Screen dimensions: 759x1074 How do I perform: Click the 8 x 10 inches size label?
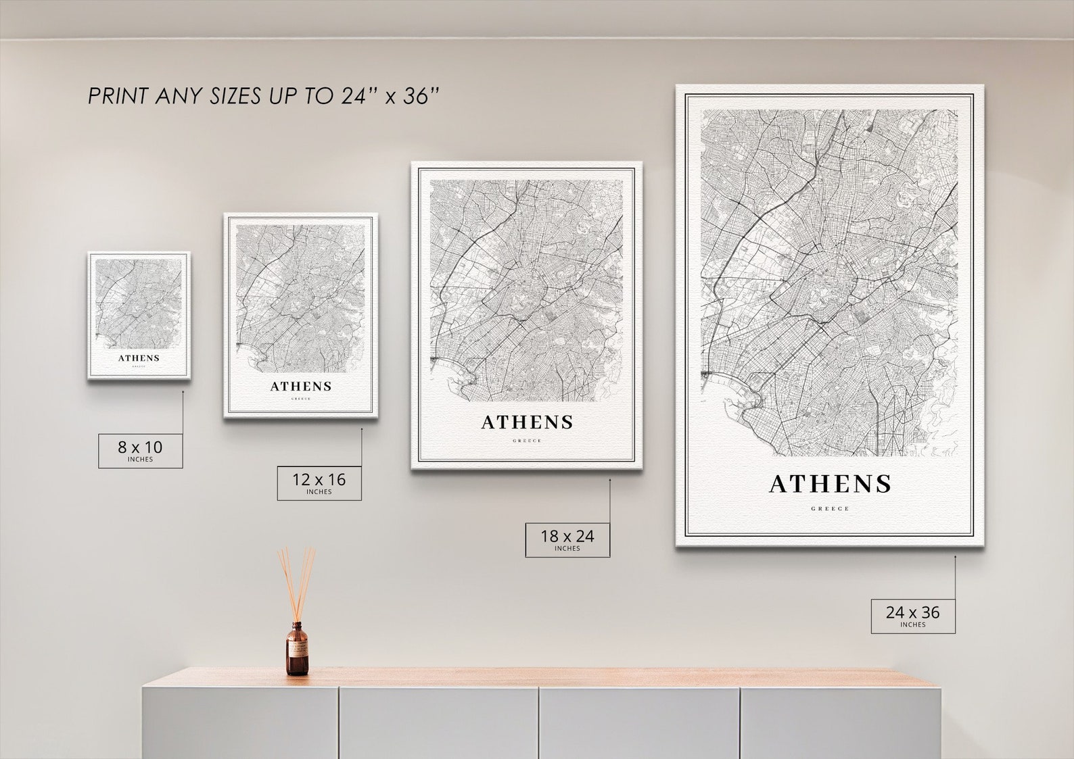[x=141, y=450]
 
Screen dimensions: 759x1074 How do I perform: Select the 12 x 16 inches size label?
[x=319, y=483]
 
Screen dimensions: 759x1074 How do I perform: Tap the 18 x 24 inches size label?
[x=567, y=539]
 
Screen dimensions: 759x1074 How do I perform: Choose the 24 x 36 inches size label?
[x=912, y=615]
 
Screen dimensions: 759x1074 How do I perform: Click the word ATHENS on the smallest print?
[x=139, y=358]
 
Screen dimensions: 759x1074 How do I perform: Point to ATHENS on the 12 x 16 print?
[x=301, y=387]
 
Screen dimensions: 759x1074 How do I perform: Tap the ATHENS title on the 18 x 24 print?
[x=527, y=422]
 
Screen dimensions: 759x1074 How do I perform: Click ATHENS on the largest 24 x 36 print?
[x=830, y=484]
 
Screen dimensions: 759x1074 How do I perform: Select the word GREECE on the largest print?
[x=830, y=509]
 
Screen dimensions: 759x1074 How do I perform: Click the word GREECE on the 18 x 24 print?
[x=527, y=441]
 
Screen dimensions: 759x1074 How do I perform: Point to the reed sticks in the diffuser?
[x=296, y=581]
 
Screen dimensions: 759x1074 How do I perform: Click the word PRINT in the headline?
[x=118, y=96]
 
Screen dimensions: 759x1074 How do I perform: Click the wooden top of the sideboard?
[x=541, y=677]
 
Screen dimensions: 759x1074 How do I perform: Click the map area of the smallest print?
[x=139, y=301]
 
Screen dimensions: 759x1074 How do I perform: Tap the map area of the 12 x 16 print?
[x=301, y=297]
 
